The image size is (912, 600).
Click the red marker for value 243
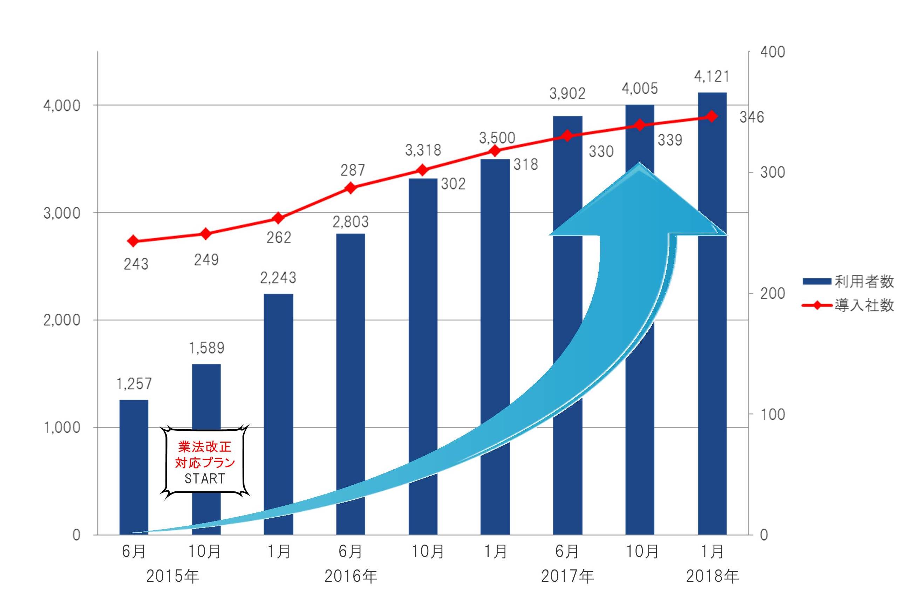133,241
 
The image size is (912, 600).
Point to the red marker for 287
350,188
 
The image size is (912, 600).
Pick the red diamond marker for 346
712,116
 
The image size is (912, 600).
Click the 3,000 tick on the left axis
62,213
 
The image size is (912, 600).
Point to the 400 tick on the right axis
773,52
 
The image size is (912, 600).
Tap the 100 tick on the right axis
773,414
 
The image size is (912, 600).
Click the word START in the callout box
205,478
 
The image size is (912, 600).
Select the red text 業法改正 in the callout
205,447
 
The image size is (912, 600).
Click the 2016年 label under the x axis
350,576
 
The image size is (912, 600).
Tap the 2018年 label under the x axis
712,576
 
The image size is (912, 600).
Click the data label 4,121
712,77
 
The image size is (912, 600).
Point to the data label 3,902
567,94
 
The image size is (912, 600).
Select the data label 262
279,238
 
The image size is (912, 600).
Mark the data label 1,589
206,348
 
